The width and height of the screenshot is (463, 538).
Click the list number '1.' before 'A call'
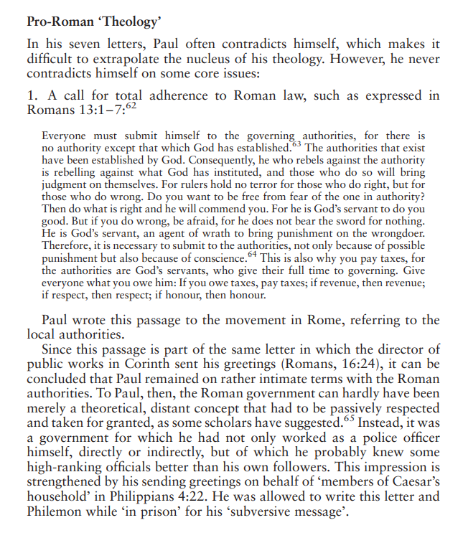[x=32, y=96]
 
